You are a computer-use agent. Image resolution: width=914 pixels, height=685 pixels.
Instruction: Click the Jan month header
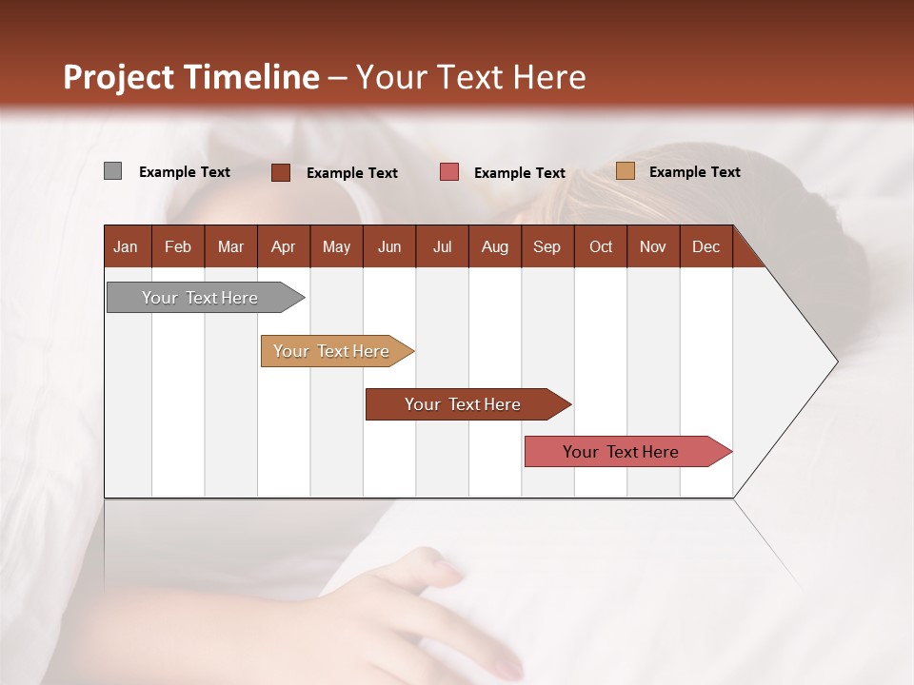[x=126, y=246]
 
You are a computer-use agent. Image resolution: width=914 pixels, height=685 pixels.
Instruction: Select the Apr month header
[x=283, y=246]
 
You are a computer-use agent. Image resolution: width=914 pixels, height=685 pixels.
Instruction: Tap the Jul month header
[x=442, y=246]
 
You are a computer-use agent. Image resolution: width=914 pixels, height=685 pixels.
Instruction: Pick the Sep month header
[x=546, y=246]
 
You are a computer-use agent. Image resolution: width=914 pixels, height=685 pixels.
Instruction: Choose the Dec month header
[x=705, y=246]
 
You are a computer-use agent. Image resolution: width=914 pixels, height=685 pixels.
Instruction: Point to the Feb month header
[x=178, y=246]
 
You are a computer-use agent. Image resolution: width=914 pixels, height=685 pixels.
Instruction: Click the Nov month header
[x=652, y=246]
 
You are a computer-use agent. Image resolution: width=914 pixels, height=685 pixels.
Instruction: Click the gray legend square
[x=112, y=171]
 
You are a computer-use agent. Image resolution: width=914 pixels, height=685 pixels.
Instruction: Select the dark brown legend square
[x=281, y=172]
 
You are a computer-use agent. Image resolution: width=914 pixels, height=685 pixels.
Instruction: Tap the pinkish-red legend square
[x=449, y=171]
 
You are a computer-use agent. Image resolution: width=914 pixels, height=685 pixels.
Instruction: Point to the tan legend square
[x=625, y=171]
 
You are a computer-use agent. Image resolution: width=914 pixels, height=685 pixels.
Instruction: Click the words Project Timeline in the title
[x=190, y=77]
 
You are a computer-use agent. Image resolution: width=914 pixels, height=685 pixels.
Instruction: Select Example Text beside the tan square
[x=694, y=172]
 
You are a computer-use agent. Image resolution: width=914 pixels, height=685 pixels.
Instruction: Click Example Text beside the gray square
[x=184, y=172]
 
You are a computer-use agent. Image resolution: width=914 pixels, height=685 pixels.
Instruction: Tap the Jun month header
[x=389, y=246]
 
